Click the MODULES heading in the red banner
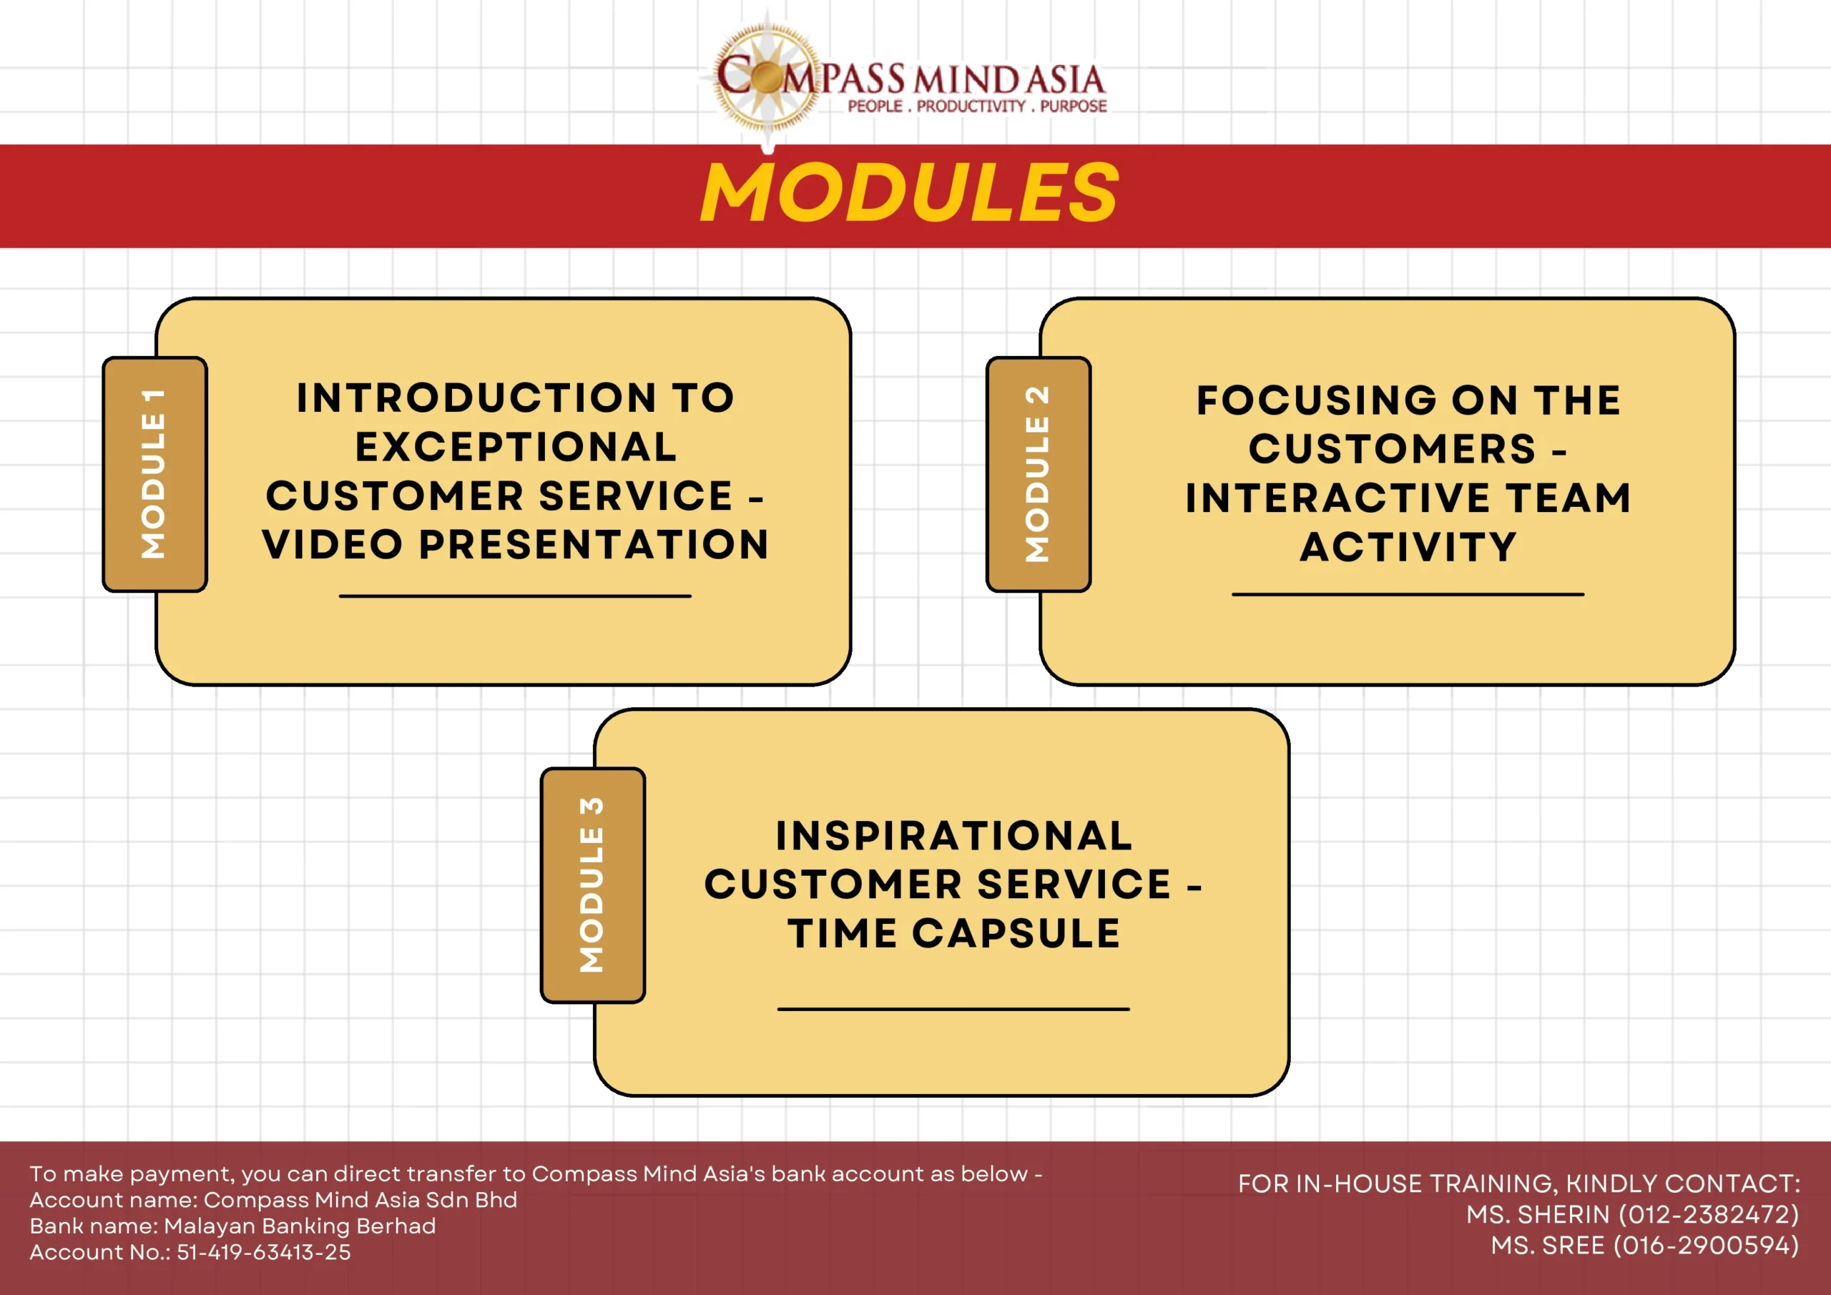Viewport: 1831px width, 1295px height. [910, 192]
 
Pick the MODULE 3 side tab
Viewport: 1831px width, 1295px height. [592, 885]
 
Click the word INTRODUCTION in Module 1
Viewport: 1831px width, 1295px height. [477, 398]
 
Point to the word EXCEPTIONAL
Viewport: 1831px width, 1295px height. [516, 446]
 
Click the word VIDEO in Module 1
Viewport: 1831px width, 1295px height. [333, 545]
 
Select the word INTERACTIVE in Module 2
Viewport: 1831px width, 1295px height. [1338, 498]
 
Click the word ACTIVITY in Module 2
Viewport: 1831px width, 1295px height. [1408, 547]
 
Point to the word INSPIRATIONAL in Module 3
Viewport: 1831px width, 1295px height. [954, 836]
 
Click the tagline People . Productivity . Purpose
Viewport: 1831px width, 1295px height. [977, 106]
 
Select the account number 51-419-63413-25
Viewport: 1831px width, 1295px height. [264, 1252]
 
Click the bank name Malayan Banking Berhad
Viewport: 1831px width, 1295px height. [300, 1226]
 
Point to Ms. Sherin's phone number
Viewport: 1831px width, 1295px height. [1709, 1214]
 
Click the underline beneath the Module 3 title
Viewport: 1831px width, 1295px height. [954, 1009]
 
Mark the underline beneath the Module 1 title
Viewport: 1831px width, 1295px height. [515, 596]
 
